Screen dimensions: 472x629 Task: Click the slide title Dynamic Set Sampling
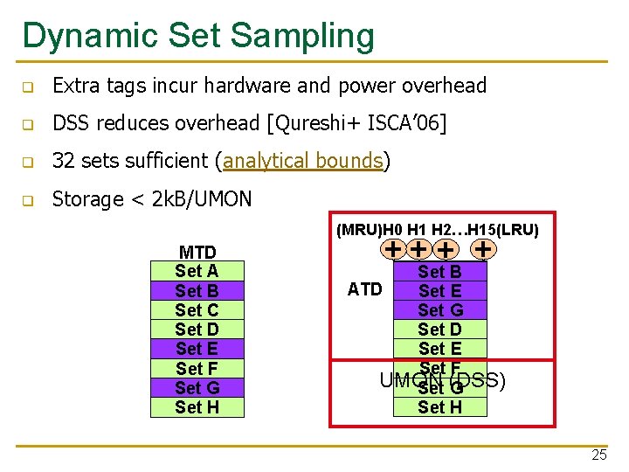click(x=198, y=36)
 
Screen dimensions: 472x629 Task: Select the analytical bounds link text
click(x=302, y=161)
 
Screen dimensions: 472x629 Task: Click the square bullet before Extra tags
click(x=29, y=87)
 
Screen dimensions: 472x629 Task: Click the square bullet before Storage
click(x=29, y=200)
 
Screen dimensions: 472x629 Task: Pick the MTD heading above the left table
click(x=197, y=253)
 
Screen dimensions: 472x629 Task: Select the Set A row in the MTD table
click(x=197, y=272)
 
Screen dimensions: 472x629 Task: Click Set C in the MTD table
click(x=197, y=310)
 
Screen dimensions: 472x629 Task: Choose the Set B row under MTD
click(x=197, y=291)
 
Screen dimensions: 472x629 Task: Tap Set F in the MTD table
click(x=197, y=369)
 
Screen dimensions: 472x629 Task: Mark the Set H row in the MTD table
click(x=197, y=407)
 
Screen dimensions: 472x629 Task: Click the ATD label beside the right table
click(x=364, y=289)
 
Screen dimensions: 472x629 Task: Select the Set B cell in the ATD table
click(x=439, y=272)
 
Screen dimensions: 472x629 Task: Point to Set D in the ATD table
click(x=439, y=330)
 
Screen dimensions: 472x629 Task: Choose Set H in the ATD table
click(x=439, y=406)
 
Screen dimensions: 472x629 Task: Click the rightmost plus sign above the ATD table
click(x=483, y=249)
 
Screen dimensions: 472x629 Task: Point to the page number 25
click(x=598, y=455)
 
